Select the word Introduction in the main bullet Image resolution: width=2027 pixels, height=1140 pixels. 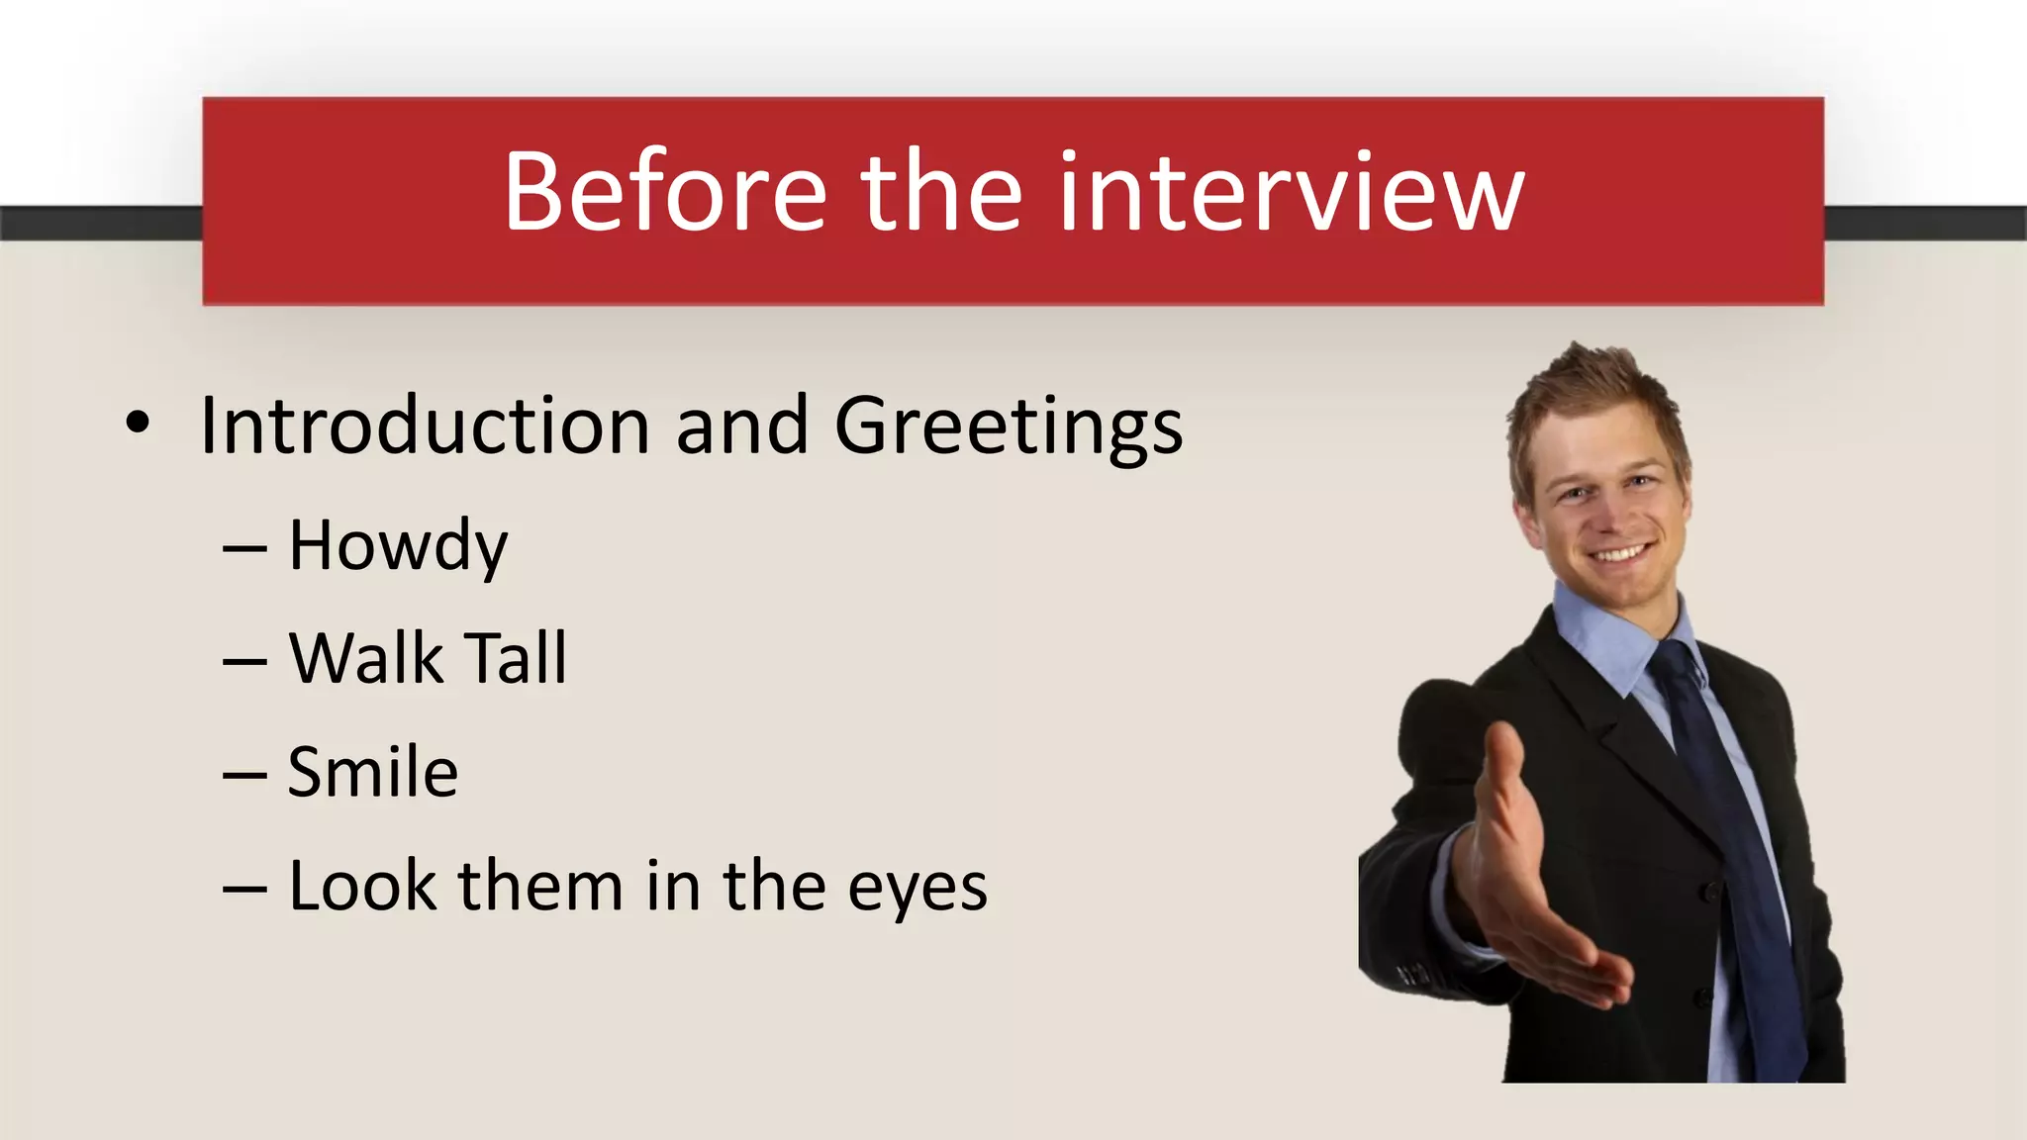pos(425,426)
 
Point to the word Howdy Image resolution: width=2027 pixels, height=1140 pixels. pos(398,546)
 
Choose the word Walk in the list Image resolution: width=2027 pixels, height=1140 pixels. pos(366,658)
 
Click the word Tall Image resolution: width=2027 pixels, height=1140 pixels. pos(517,658)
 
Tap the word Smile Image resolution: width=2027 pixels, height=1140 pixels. pos(373,772)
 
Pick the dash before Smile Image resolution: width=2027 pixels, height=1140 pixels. pos(244,775)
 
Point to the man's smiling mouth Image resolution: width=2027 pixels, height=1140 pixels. pos(1618,551)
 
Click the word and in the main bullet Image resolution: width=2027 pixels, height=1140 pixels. pos(741,426)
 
